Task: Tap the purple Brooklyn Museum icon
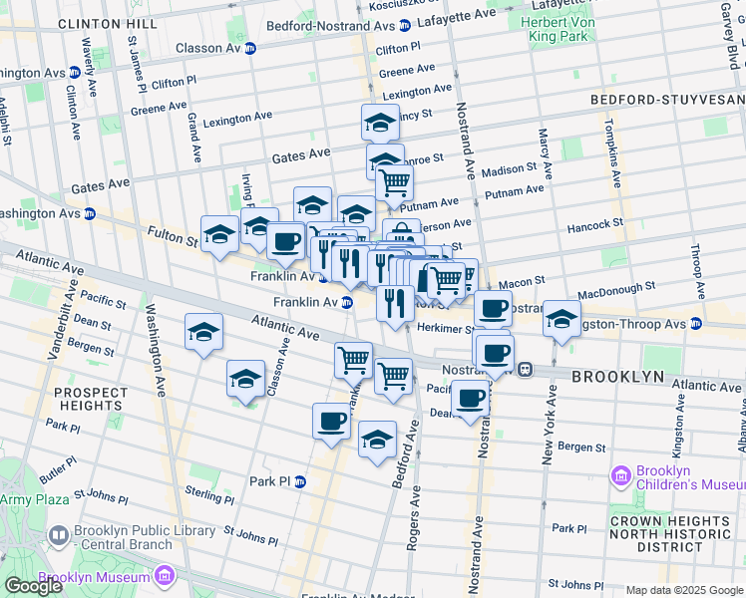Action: pyautogui.click(x=164, y=576)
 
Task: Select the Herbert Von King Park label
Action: pyautogui.click(x=559, y=25)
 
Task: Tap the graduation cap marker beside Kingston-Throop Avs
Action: pyautogui.click(x=561, y=319)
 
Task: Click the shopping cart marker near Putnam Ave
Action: pyautogui.click(x=395, y=182)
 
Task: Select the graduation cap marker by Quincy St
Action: pyautogui.click(x=380, y=123)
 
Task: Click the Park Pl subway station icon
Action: pyautogui.click(x=298, y=480)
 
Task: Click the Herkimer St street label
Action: pyautogui.click(x=445, y=328)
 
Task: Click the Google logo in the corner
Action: pyautogui.click(x=33, y=586)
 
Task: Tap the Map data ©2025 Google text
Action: pyautogui.click(x=684, y=590)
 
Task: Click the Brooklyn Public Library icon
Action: pyautogui.click(x=59, y=537)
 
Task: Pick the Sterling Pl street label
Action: pyautogui.click(x=210, y=493)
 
